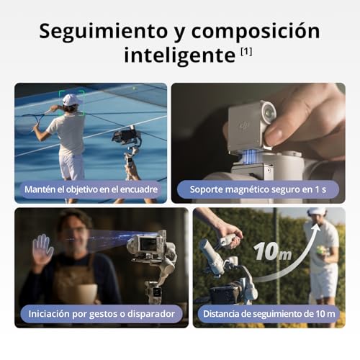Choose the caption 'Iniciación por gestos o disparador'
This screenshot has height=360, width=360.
tap(91, 313)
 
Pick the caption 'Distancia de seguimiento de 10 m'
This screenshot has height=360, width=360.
tap(269, 313)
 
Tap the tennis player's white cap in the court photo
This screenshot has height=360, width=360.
tap(71, 100)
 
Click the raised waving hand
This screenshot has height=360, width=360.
tap(42, 248)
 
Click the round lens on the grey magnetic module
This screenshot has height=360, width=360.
tap(268, 114)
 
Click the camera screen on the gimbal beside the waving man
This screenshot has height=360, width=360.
tap(148, 246)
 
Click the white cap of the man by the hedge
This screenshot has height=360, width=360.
tap(317, 212)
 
